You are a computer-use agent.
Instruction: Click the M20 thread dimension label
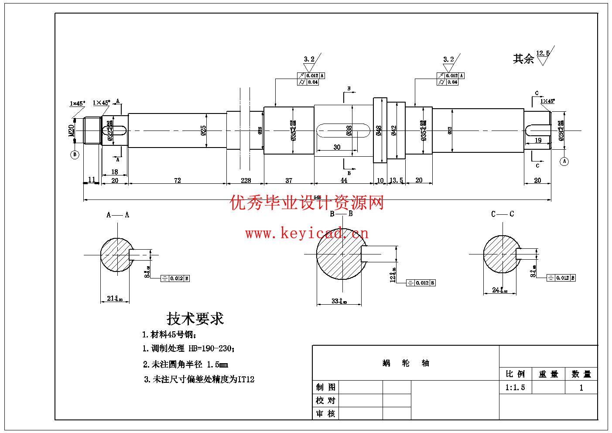(71, 130)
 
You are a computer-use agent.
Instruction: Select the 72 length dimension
(177, 180)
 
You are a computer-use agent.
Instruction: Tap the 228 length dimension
(246, 180)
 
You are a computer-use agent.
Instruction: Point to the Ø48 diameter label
(379, 131)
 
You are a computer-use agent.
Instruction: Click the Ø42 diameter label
(393, 131)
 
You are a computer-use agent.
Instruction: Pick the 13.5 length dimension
(396, 180)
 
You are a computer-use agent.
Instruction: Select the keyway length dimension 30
(337, 147)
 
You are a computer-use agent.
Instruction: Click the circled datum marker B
(75, 155)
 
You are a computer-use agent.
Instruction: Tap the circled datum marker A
(564, 161)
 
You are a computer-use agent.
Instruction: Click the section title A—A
(118, 215)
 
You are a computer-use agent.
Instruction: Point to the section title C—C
(502, 214)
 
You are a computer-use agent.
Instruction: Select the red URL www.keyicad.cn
(307, 234)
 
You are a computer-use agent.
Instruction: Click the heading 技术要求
(195, 319)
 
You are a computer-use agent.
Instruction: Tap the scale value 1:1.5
(515, 388)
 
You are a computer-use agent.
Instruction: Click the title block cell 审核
(325, 413)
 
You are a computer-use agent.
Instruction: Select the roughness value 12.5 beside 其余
(543, 53)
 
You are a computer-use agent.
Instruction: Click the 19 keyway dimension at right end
(538, 141)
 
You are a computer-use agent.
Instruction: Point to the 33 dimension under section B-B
(338, 301)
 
